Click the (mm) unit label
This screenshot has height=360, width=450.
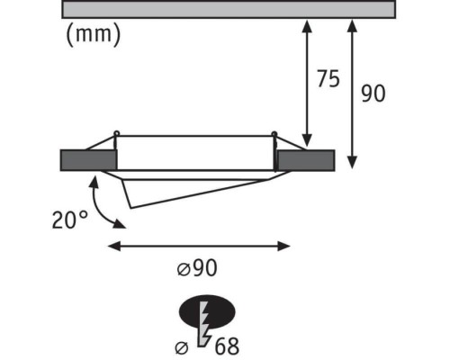94,34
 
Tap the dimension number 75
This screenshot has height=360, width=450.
328,78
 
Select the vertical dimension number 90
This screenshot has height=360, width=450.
373,94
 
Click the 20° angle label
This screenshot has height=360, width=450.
70,220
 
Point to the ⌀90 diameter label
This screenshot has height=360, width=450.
197,267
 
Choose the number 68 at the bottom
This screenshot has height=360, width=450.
227,346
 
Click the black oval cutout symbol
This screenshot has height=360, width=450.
207,312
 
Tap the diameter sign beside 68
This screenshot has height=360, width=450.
182,348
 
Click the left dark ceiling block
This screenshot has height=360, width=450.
88,160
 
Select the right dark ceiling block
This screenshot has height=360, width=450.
306,160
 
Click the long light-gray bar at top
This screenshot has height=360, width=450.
229,9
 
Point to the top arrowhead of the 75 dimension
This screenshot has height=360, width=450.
307,25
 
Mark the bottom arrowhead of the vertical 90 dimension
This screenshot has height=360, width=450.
352,162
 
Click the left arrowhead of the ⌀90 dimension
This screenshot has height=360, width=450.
114,247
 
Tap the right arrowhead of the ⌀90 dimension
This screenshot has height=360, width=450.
283,247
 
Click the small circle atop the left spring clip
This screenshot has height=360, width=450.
116,133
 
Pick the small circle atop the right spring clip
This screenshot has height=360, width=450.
274,134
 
